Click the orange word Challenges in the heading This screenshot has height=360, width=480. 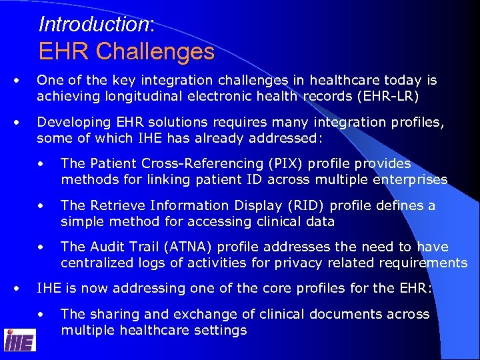point(155,51)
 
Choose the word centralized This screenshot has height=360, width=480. point(95,263)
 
